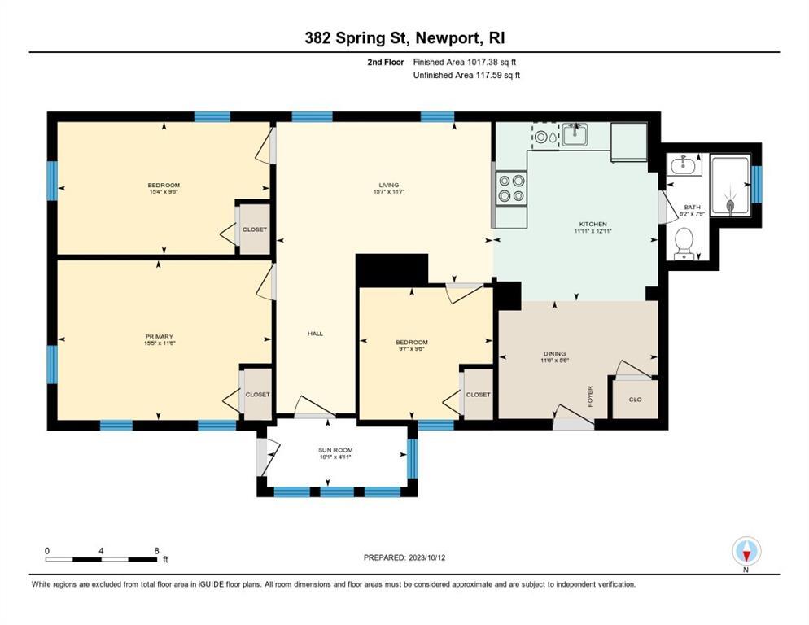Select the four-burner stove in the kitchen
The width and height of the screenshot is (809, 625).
click(511, 188)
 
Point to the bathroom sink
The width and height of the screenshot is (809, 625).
click(684, 166)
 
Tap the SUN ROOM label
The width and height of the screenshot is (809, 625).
click(335, 449)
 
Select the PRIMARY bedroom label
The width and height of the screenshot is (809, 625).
click(160, 336)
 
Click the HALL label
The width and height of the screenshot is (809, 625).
click(315, 334)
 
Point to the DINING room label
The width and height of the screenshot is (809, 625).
click(555, 353)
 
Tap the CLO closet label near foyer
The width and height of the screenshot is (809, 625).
click(636, 400)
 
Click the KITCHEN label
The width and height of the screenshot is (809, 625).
click(592, 224)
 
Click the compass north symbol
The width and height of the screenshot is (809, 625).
click(746, 553)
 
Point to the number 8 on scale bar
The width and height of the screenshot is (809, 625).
click(156, 550)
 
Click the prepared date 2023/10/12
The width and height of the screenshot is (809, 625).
click(405, 557)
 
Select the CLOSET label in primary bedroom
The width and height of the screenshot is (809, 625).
click(257, 395)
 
